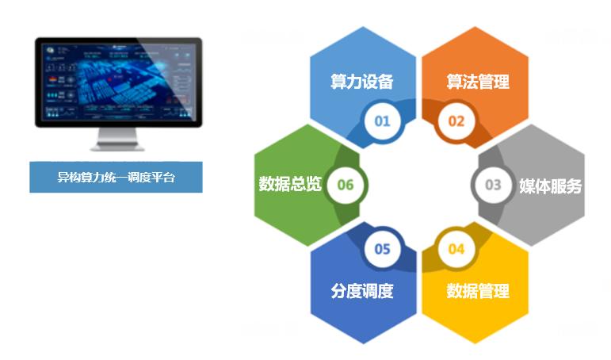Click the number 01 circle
(x=383, y=121)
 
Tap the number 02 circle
(x=456, y=121)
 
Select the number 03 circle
(x=493, y=185)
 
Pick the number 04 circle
(x=456, y=249)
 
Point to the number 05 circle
(x=383, y=249)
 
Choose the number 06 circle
(x=346, y=185)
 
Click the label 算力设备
(x=362, y=82)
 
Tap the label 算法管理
(x=478, y=82)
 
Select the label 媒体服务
(x=550, y=186)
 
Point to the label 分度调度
(x=362, y=290)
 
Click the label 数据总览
(x=290, y=184)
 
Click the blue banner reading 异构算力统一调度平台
(x=116, y=178)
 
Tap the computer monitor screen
(x=117, y=82)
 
